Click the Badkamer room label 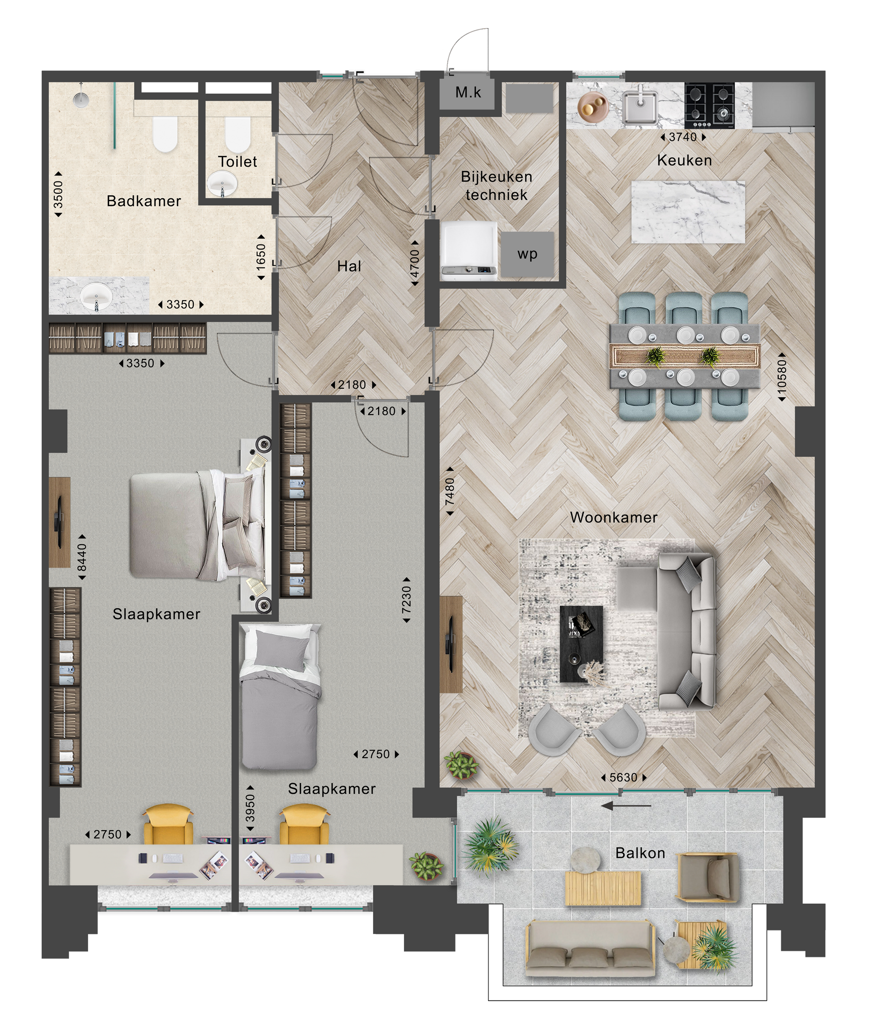point(144,201)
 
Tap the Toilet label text point(238,162)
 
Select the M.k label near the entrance point(468,92)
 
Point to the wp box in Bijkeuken point(527,254)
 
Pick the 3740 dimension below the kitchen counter point(683,137)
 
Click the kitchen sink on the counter point(641,106)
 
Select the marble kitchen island point(688,212)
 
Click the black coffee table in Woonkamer point(581,644)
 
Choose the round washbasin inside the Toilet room point(221,184)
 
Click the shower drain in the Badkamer point(80,99)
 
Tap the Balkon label point(640,853)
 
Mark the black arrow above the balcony point(626,806)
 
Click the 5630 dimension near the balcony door point(623,777)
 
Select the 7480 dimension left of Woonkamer point(450,491)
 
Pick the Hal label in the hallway point(349,266)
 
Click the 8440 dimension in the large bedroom point(82,557)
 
